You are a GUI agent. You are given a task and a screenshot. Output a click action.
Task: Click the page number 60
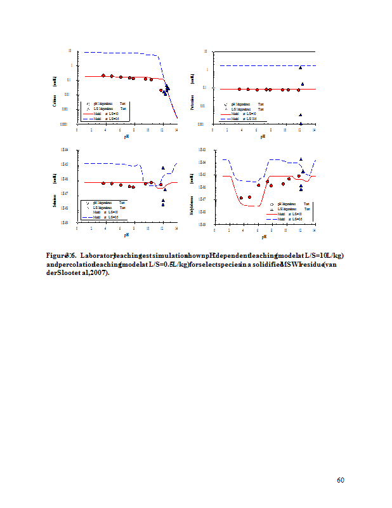pyautogui.click(x=341, y=480)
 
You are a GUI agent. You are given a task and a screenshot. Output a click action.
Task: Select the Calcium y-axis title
pyautogui.click(x=55, y=102)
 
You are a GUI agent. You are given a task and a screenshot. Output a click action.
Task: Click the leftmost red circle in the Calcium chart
pyautogui.click(x=103, y=76)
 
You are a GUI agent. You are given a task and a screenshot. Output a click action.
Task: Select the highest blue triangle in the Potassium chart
pyautogui.click(x=301, y=67)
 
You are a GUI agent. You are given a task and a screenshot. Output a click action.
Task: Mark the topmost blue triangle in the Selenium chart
pyautogui.click(x=163, y=168)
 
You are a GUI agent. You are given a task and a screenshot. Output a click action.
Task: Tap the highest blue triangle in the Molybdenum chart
pyautogui.click(x=301, y=159)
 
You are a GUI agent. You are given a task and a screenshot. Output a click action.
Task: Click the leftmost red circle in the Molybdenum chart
pyautogui.click(x=242, y=198)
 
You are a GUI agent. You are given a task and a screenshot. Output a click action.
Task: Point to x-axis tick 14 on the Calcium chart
pyautogui.click(x=176, y=130)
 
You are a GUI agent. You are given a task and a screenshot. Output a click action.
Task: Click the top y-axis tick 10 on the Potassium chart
pyautogui.click(x=206, y=51)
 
